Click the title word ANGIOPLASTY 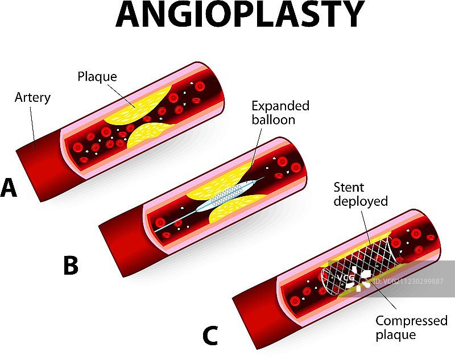[x=239, y=15]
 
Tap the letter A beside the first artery [x=9, y=188]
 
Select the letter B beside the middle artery [x=70, y=265]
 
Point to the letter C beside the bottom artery [x=210, y=336]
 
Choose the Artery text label [x=32, y=98]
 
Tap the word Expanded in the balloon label [x=280, y=106]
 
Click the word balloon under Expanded [x=274, y=120]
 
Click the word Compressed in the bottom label [x=411, y=321]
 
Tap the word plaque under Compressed [x=395, y=335]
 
